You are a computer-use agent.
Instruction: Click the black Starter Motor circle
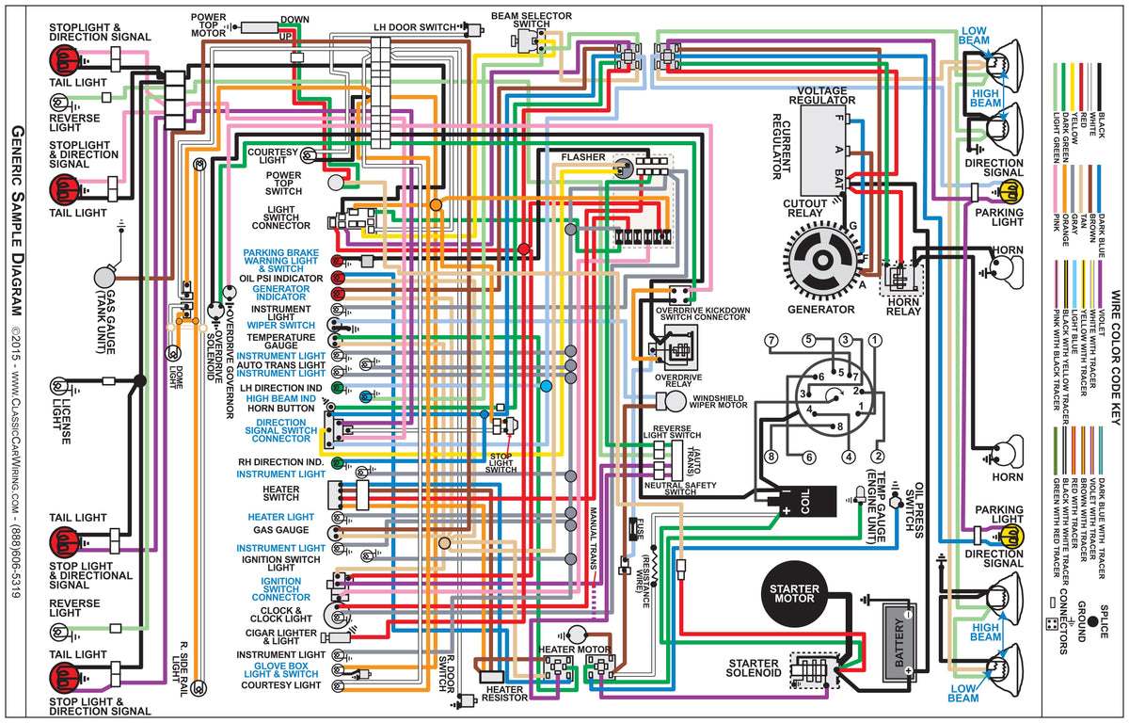[x=796, y=597]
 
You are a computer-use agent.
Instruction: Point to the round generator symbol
[x=821, y=264]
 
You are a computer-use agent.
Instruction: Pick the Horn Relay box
[x=900, y=279]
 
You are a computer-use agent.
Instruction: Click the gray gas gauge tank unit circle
[x=104, y=277]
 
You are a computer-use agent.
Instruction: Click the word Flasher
[x=583, y=155]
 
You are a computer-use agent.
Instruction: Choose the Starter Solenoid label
[x=752, y=669]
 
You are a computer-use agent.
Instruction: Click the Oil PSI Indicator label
[x=280, y=279]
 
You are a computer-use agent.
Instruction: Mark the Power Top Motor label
[x=208, y=24]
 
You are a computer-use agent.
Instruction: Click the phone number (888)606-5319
[x=18, y=559]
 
